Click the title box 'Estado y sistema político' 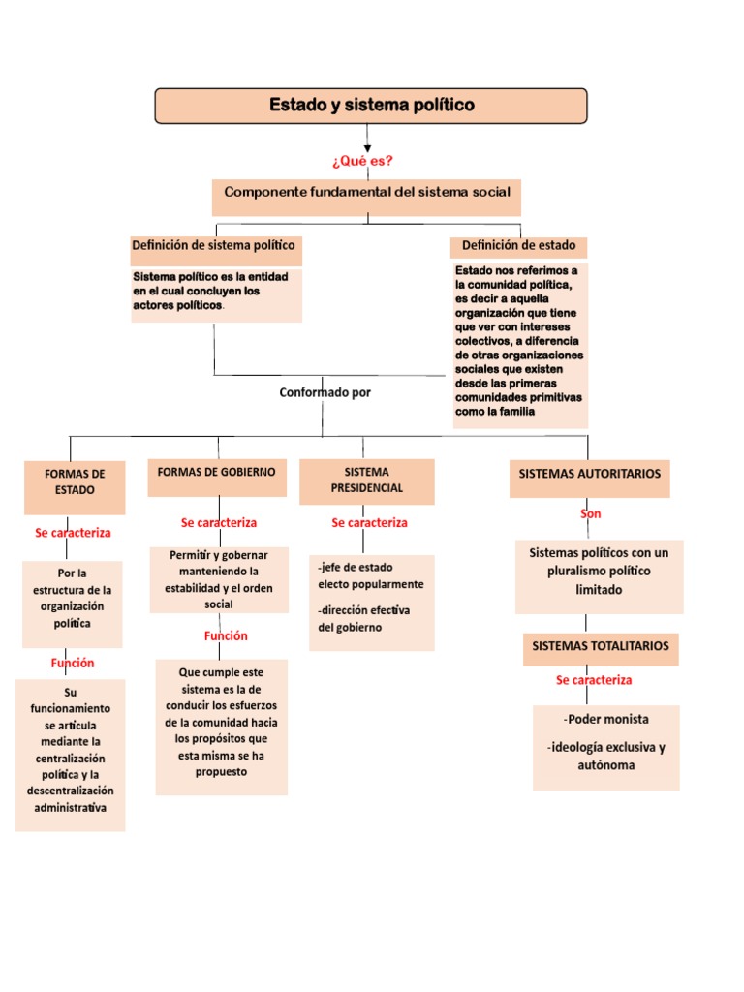click(x=371, y=106)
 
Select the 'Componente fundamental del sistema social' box click(x=367, y=193)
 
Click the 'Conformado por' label click(x=325, y=393)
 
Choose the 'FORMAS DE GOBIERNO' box click(x=217, y=473)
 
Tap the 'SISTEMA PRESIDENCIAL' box click(x=366, y=480)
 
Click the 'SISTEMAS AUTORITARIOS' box click(x=589, y=475)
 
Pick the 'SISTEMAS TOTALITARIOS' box click(x=601, y=646)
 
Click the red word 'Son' click(x=590, y=514)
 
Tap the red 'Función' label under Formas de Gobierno click(x=226, y=636)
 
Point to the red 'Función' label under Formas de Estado click(x=73, y=664)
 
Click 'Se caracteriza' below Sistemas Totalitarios click(x=594, y=681)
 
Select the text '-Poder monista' click(x=605, y=720)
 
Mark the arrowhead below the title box click(x=367, y=147)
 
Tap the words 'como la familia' click(x=495, y=412)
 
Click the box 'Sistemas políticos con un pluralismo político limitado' click(x=599, y=572)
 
